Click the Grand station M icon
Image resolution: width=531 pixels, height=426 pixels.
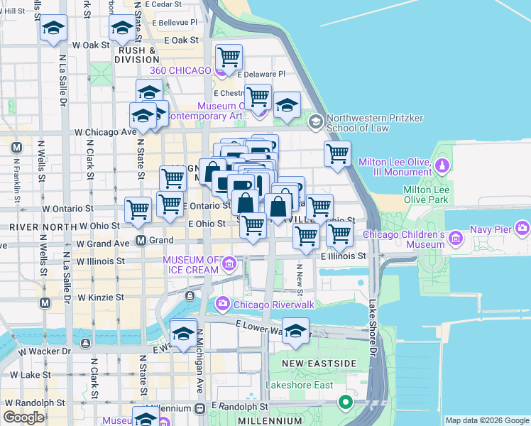141,240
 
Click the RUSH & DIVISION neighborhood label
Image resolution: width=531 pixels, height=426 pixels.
138,55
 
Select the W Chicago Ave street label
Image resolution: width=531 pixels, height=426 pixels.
106,131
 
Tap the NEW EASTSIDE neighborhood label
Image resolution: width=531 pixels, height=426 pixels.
318,364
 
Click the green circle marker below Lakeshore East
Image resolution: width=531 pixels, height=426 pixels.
346,403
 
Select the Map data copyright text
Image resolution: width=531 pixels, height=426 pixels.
486,420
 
